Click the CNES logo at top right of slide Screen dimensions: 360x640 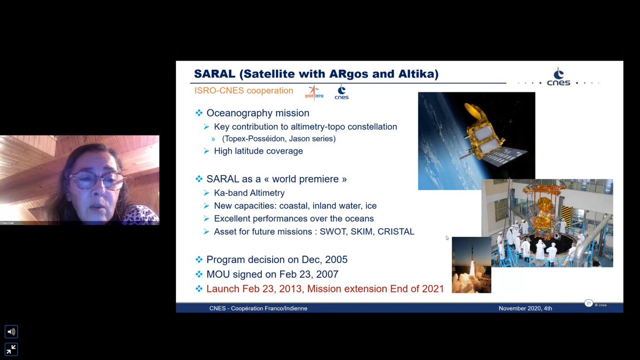coord(558,77)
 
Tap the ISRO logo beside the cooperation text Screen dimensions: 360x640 coord(314,92)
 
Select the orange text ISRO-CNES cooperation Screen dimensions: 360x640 coord(244,91)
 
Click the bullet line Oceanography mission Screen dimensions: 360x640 coord(258,113)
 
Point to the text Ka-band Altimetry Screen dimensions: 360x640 coord(249,193)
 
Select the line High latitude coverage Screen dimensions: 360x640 coord(258,151)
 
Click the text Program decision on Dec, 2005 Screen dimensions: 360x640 coord(277,260)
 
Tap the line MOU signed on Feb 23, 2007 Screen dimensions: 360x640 coord(272,274)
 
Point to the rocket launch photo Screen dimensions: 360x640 coord(471,265)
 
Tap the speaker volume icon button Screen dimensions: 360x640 coord(11,332)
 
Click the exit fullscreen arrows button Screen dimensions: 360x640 coord(11,349)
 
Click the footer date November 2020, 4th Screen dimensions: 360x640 coord(525,308)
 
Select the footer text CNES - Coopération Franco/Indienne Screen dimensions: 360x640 coord(258,308)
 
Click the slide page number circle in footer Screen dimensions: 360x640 coord(589,303)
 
